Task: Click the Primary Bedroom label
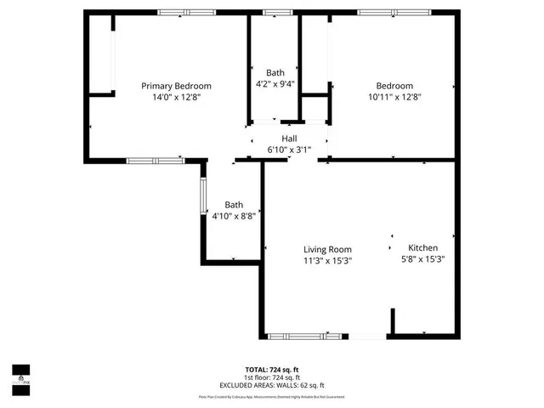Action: point(176,86)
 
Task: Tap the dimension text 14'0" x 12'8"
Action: point(176,97)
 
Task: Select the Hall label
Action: point(290,139)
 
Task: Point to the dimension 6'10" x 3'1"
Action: point(290,150)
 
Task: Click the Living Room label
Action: point(328,249)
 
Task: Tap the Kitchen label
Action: point(422,247)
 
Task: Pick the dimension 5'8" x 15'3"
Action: point(423,259)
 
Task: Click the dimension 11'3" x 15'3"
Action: point(328,261)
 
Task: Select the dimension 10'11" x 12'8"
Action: point(394,97)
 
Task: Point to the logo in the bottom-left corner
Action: point(20,374)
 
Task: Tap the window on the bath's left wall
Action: point(202,195)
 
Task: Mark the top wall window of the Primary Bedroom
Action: point(185,12)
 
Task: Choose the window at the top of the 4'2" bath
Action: point(275,12)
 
